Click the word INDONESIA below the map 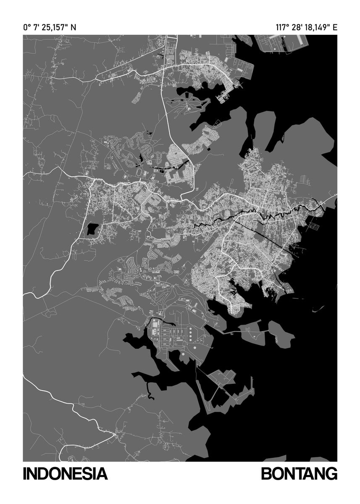coord(65,474)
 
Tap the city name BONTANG coord(299,474)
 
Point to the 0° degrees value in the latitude coord(27,28)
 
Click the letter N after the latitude coord(74,28)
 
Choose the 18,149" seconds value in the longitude coord(317,28)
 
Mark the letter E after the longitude coord(335,28)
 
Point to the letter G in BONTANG coord(330,474)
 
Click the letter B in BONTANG coord(268,474)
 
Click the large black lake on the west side coord(91,229)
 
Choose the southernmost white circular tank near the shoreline coord(183,357)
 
